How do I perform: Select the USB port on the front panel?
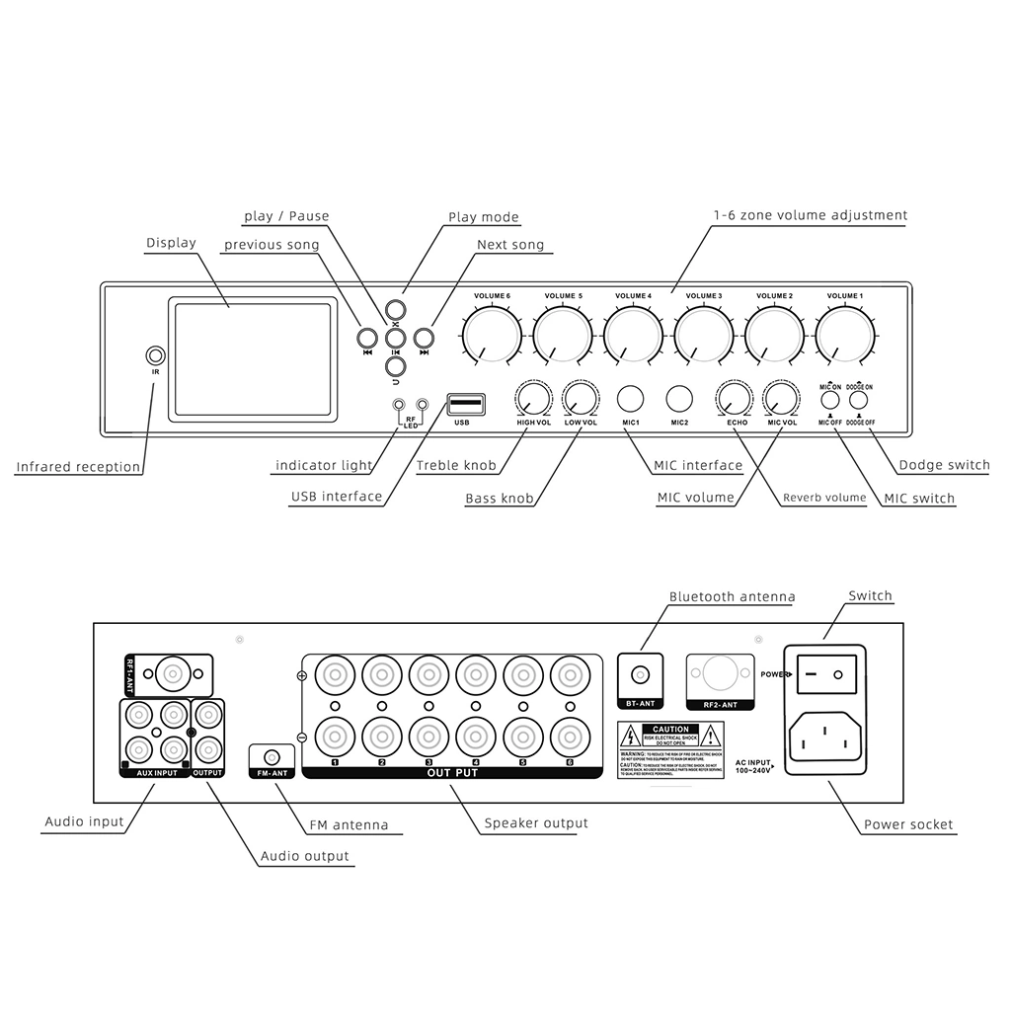click(x=466, y=404)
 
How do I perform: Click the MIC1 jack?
click(x=630, y=399)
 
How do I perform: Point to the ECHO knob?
click(x=735, y=399)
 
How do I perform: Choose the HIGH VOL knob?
click(x=533, y=399)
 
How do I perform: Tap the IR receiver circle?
click(x=155, y=355)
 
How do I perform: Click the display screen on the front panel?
click(x=252, y=358)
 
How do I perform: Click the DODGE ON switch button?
click(x=860, y=402)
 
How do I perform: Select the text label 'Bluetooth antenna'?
click(x=732, y=596)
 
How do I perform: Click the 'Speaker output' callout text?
click(x=535, y=822)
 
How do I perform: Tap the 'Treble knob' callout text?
click(x=455, y=465)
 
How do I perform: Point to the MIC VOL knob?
click(x=782, y=399)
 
